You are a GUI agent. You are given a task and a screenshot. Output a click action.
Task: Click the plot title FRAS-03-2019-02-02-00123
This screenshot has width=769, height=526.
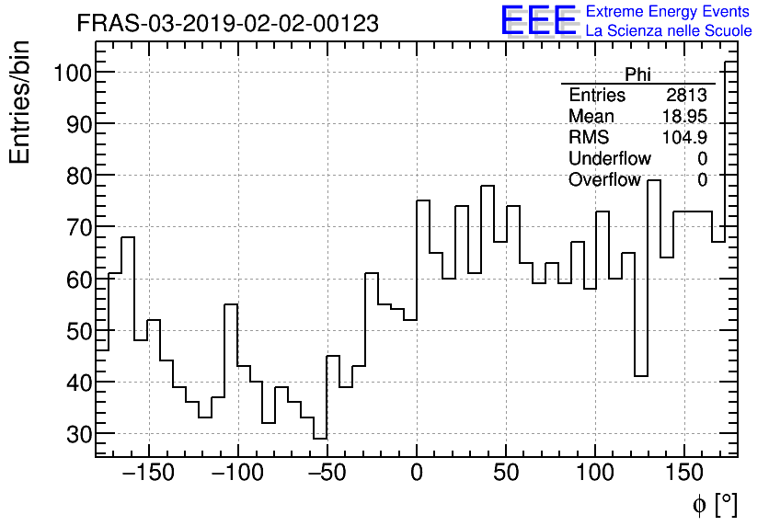tap(227, 24)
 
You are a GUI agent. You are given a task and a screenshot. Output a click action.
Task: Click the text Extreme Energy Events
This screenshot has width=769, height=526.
tap(668, 12)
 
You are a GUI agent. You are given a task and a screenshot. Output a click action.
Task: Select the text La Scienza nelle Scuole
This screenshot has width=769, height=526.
tap(668, 31)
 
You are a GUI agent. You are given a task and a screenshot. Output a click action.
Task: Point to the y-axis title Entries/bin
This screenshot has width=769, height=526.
tap(20, 103)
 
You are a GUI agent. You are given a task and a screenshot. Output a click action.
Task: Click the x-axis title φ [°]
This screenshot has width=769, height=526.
tap(714, 504)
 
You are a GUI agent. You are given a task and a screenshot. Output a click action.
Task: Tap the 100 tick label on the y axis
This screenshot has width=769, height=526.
tap(71, 73)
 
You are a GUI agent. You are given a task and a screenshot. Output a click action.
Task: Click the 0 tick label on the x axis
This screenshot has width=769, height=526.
tap(417, 474)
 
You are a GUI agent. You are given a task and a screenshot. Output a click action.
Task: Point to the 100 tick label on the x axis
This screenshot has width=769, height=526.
tap(596, 474)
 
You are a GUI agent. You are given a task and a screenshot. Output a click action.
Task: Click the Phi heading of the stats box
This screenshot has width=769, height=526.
tap(638, 74)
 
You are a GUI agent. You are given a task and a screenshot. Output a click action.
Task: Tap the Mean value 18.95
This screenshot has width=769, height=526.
tap(684, 117)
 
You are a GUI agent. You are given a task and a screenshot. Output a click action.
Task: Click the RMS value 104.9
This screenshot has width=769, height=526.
tap(684, 138)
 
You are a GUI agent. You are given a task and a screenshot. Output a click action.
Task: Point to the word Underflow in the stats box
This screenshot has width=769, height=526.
tap(610, 159)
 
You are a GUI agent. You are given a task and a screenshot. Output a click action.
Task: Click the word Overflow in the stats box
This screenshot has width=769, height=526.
tap(604, 180)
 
